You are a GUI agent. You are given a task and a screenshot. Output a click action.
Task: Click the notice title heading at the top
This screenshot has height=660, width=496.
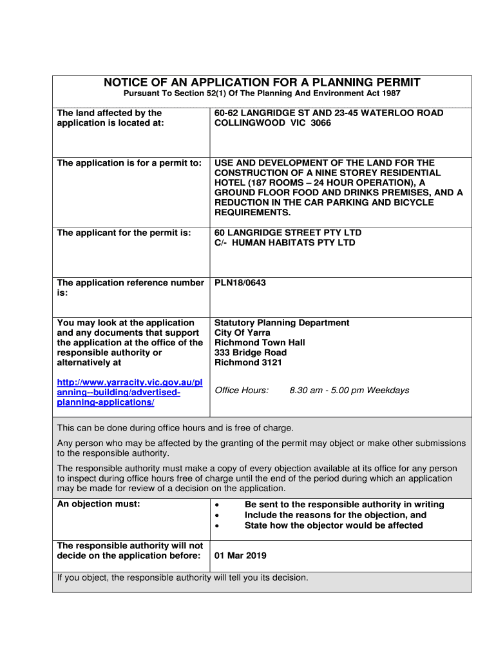point(262,82)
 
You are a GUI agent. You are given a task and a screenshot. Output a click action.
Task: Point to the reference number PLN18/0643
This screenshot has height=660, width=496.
point(240,283)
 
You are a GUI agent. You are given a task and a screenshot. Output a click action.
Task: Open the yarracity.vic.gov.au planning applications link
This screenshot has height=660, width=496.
point(129,393)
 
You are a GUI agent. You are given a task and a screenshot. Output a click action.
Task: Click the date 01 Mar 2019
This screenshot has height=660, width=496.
point(240,556)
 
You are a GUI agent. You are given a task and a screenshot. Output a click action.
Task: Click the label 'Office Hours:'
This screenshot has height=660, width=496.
point(242,391)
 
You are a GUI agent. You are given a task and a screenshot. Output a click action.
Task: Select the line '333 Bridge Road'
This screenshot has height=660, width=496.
point(251,353)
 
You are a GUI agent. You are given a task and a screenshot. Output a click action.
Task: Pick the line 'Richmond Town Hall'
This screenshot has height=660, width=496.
point(260,343)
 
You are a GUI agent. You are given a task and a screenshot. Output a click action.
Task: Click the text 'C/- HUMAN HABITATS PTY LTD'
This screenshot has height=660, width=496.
point(285,243)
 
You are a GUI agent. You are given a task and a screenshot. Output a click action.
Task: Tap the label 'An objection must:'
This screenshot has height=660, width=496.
point(99,505)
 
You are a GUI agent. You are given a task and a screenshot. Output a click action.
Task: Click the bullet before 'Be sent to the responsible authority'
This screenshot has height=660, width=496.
point(219,505)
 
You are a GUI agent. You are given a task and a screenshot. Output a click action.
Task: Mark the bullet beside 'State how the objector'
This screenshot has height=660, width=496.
point(219,526)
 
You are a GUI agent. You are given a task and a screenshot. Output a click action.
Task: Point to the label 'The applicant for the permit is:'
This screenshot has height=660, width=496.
point(124,233)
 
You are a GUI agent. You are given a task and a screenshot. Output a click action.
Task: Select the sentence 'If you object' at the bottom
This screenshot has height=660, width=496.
point(183,578)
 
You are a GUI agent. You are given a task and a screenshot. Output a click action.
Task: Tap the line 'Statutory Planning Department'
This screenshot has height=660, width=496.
point(281,323)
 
